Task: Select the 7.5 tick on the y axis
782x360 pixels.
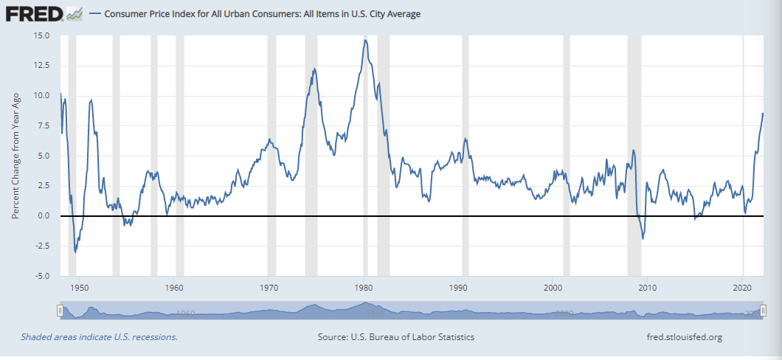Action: click(44, 125)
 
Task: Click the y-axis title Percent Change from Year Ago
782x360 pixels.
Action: click(15, 156)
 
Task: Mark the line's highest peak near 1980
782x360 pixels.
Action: click(365, 40)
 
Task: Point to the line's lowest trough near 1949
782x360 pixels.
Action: click(75, 252)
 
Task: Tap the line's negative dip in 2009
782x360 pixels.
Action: click(643, 238)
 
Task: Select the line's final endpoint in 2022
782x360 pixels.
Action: click(763, 114)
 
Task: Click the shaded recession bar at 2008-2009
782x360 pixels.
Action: click(634, 155)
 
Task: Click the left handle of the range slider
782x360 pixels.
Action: click(60, 311)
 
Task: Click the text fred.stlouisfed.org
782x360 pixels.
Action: click(683, 337)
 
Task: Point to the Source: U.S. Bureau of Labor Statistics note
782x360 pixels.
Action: click(395, 337)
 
